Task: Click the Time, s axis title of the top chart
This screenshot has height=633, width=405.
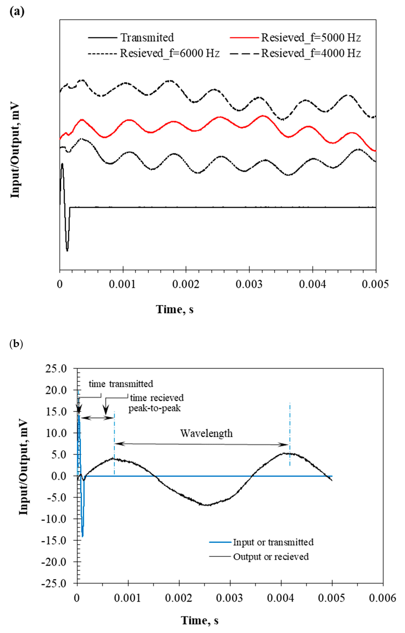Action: (175, 309)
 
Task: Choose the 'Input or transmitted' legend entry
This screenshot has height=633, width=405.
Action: (273, 542)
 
